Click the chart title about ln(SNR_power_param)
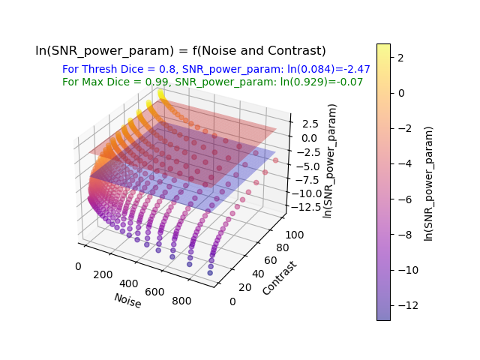[x=181, y=50]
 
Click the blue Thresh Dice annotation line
[x=216, y=69]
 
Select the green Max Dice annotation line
[x=212, y=82]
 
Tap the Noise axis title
[x=127, y=301]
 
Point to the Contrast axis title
[x=280, y=278]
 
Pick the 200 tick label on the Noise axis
[x=103, y=274]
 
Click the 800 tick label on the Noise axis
[x=181, y=301]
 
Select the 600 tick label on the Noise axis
[x=154, y=292]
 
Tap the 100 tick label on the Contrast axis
[x=295, y=235]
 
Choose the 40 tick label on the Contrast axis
[x=258, y=274]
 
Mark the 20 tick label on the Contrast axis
[x=245, y=287]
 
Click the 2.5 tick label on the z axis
[x=310, y=124]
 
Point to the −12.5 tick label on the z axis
[x=306, y=207]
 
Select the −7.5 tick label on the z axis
[x=307, y=180]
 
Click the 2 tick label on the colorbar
[x=400, y=58]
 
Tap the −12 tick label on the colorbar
[x=408, y=305]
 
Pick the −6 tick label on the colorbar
[x=405, y=199]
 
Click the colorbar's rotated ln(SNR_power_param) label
[x=429, y=184]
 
